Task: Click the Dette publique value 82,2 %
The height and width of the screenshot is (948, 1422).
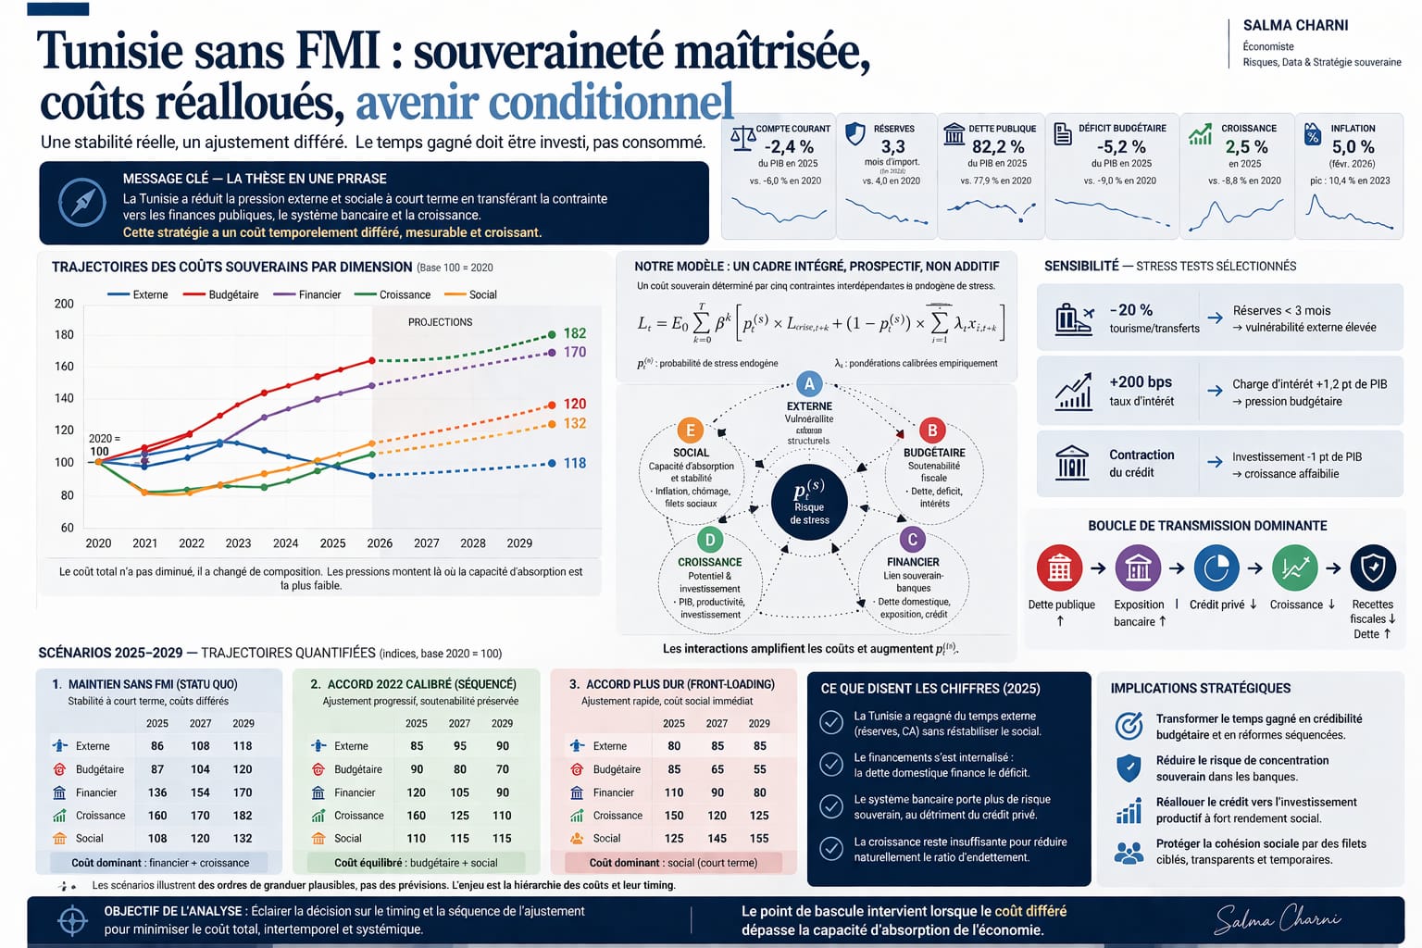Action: coord(997,147)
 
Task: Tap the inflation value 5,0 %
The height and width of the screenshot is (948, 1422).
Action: coord(1353,147)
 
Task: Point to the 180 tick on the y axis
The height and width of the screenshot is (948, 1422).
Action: coord(64,334)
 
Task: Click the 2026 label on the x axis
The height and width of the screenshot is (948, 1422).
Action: coord(380,543)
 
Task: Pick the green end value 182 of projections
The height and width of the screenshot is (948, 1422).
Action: coord(575,333)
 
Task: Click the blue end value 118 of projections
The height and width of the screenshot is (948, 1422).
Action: coord(575,463)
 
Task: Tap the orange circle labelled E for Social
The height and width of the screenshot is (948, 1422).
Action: coord(690,430)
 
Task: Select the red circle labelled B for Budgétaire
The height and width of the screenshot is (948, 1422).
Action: coord(932,430)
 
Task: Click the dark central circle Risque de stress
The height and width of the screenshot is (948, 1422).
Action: coord(809,502)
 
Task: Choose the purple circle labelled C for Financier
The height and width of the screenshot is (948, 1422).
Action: coord(912,540)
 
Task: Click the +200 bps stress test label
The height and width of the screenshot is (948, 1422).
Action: coord(1141,382)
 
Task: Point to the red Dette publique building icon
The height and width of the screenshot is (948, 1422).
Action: coord(1060,568)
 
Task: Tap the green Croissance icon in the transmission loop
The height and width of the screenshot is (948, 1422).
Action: coord(1294,568)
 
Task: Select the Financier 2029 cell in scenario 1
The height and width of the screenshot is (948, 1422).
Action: coord(243,792)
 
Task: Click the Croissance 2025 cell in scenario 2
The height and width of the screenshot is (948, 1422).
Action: coord(417,816)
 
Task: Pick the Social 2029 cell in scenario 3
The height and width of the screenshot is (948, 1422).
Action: coord(759,839)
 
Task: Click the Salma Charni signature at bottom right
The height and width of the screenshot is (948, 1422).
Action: coord(1278,919)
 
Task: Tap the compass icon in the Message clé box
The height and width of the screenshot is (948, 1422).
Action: coord(82,202)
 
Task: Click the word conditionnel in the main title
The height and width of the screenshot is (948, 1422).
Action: coord(610,103)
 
